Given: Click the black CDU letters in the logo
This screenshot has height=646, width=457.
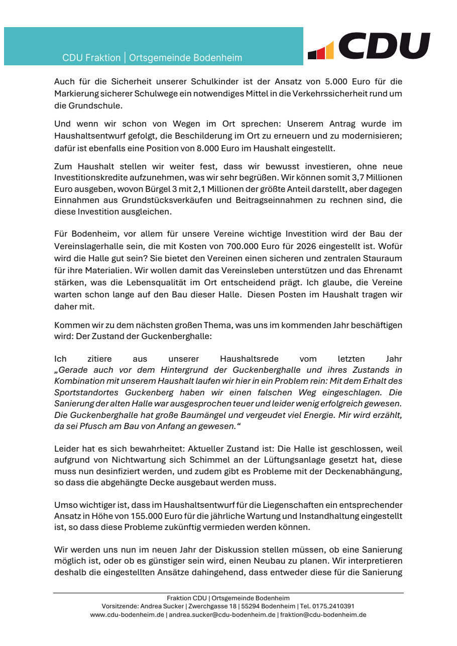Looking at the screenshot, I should point(385,46).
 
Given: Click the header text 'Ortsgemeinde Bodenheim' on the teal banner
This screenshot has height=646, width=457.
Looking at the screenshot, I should point(185,58).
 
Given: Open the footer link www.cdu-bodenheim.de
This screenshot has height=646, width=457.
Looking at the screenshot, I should point(128,614).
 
